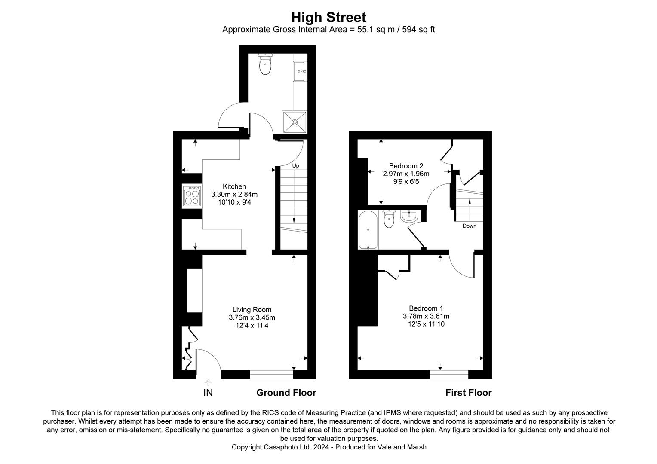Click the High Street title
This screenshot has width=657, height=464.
tap(328, 18)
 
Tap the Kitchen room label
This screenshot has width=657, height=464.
tap(234, 186)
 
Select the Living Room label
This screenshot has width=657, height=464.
tap(252, 309)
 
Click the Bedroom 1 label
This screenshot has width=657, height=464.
tap(426, 308)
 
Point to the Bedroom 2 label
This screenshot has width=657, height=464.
tap(406, 166)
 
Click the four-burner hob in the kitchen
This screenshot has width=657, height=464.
tap(192, 197)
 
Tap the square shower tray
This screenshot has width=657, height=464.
tap(295, 122)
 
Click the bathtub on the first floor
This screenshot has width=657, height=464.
tap(368, 230)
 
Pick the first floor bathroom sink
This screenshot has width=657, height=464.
tap(409, 215)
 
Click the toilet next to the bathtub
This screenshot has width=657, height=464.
tap(389, 219)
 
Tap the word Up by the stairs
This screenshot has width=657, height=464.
tap(295, 166)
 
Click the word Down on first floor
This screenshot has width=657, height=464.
tap(469, 226)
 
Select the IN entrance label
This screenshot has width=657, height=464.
tap(208, 393)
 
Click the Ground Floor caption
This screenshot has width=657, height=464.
tap(286, 393)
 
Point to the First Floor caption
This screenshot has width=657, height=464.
tap(468, 393)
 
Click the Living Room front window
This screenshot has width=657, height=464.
tap(271, 375)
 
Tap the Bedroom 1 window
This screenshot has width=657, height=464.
tap(448, 375)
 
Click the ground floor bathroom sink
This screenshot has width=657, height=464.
tap(299, 71)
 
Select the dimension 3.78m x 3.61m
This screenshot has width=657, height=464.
tap(426, 316)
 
